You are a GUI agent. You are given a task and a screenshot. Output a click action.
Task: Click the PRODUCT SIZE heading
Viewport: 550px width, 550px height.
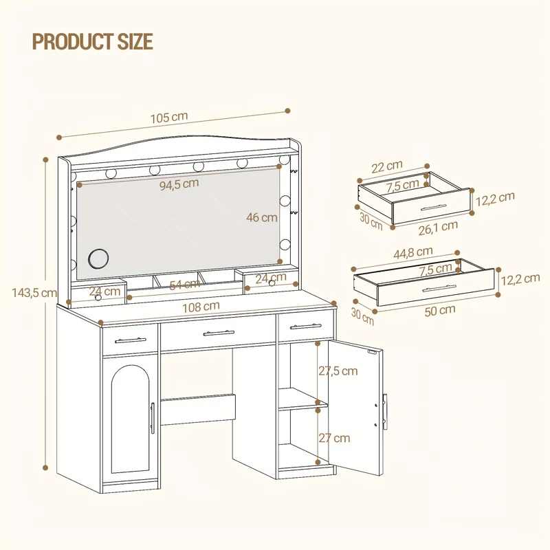click(93, 41)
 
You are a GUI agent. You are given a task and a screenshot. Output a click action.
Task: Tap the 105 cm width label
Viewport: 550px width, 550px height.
click(169, 117)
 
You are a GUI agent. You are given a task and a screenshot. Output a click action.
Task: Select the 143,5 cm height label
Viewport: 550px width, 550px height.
click(34, 293)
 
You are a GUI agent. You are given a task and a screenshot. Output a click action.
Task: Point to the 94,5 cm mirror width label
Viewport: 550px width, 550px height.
click(179, 184)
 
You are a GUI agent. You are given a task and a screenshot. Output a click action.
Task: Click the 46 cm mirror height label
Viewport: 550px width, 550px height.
click(262, 217)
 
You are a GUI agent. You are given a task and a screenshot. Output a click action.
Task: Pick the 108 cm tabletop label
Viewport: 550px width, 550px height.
click(201, 307)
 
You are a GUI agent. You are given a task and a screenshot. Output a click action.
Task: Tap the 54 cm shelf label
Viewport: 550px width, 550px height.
click(184, 285)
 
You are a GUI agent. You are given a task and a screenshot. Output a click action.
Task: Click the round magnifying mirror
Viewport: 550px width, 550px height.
click(98, 259)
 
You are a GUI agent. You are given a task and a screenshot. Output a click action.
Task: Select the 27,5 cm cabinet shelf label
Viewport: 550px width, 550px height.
click(338, 371)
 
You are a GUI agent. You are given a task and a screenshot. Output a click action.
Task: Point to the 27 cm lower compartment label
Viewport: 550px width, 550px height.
click(334, 438)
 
